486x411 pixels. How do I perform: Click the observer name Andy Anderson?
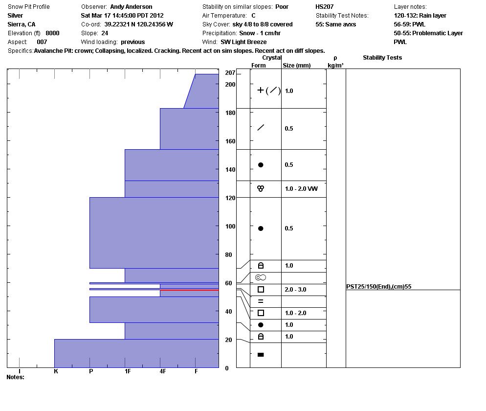pyautogui.click(x=131, y=7)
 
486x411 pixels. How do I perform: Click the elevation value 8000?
pyautogui.click(x=52, y=33)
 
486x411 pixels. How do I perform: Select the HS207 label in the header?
pyautogui.click(x=325, y=7)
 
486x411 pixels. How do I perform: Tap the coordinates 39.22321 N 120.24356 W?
pyautogui.click(x=138, y=24)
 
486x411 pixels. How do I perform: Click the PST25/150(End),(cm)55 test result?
pyautogui.click(x=378, y=287)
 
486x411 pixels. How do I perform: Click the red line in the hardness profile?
pyautogui.click(x=189, y=290)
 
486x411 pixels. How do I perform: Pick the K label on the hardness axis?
pyautogui.click(x=56, y=371)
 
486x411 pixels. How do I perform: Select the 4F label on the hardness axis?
pyautogui.click(x=163, y=371)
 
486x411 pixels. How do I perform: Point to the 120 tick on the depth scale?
pyautogui.click(x=230, y=198)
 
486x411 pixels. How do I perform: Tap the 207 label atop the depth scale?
pyautogui.click(x=230, y=73)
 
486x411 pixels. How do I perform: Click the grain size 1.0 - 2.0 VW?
pyautogui.click(x=301, y=189)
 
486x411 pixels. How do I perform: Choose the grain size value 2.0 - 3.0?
pyautogui.click(x=295, y=290)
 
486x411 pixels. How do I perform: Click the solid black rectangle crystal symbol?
pyautogui.click(x=261, y=355)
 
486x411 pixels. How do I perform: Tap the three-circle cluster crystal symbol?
pyautogui.click(x=261, y=188)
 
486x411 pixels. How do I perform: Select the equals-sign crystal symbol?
pyautogui.click(x=261, y=301)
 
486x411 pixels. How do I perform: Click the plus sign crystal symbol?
pyautogui.click(x=261, y=90)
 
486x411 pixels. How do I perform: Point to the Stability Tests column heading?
pyautogui.click(x=382, y=58)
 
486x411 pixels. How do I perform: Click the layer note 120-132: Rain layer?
pyautogui.click(x=420, y=16)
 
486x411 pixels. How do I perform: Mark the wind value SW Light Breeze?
pyautogui.click(x=243, y=42)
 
